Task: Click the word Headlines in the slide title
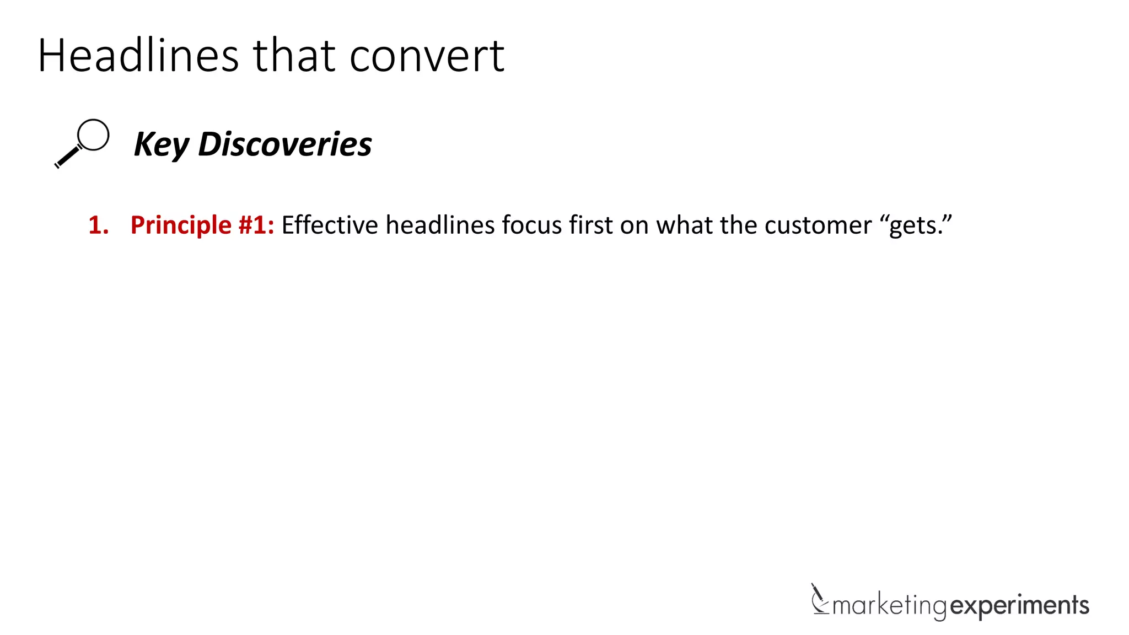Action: pos(138,56)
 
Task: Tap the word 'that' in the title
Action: pos(294,56)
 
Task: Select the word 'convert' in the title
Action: pos(427,57)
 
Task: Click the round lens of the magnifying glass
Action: pos(93,134)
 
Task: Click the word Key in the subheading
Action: pos(161,144)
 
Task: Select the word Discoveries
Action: pos(284,144)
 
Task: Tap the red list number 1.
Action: pos(98,225)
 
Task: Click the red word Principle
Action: pos(181,225)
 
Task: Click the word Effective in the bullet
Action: pos(330,225)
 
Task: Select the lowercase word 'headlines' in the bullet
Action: pos(440,225)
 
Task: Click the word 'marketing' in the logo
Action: pos(889,606)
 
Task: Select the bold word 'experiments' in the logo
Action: pos(1020,606)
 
